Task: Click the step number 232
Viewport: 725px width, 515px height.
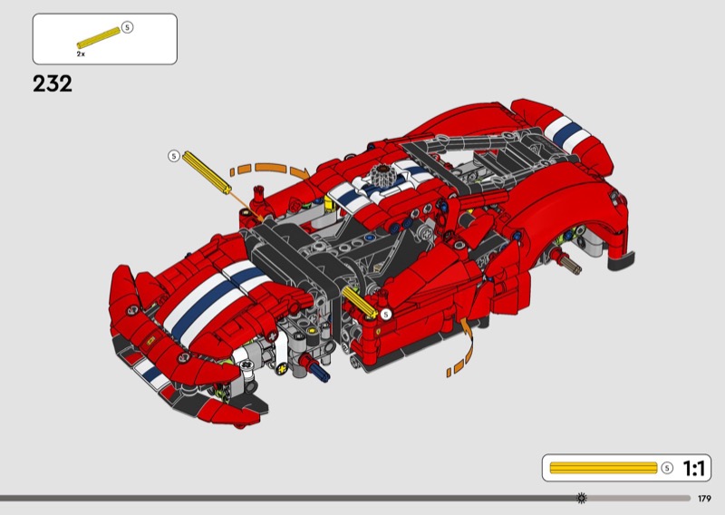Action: [x=53, y=83]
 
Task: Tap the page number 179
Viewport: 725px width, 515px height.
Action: [x=704, y=499]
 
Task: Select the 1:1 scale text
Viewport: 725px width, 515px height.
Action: [x=693, y=468]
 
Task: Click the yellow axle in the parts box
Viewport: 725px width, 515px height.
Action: [x=99, y=38]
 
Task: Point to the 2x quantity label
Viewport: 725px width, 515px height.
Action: [x=81, y=54]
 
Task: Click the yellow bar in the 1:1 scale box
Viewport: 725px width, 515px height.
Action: [x=604, y=468]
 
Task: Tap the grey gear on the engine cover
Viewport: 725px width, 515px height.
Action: [x=382, y=175]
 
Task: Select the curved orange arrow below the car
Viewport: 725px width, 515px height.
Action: [x=464, y=347]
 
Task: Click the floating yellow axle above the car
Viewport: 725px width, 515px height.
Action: [x=207, y=172]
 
